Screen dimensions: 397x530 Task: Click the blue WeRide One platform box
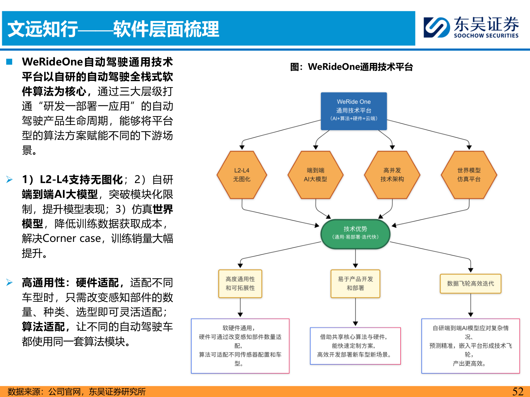354,111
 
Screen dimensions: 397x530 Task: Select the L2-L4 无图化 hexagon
242,175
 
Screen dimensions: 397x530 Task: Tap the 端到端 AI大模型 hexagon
315,175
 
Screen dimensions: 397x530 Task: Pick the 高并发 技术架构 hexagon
392,175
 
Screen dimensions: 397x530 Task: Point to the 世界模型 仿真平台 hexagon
469,175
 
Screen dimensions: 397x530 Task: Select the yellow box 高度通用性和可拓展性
240,283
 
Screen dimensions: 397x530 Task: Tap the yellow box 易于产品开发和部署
355,283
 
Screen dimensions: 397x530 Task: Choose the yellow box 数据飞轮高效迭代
470,283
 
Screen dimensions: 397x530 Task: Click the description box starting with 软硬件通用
240,346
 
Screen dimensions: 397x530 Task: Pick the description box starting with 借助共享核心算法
355,346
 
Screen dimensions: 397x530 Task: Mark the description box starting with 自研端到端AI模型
470,346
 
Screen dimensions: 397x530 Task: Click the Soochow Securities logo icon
437,28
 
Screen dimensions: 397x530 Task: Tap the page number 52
517,391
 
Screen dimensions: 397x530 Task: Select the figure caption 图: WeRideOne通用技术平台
351,67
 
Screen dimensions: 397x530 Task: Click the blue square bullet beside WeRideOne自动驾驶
10,62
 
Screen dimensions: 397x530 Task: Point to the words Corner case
72,239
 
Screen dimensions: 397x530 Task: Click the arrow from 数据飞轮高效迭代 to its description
470,305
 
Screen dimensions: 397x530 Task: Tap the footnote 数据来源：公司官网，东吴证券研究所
77,391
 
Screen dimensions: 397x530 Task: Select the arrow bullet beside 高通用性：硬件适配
10,283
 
